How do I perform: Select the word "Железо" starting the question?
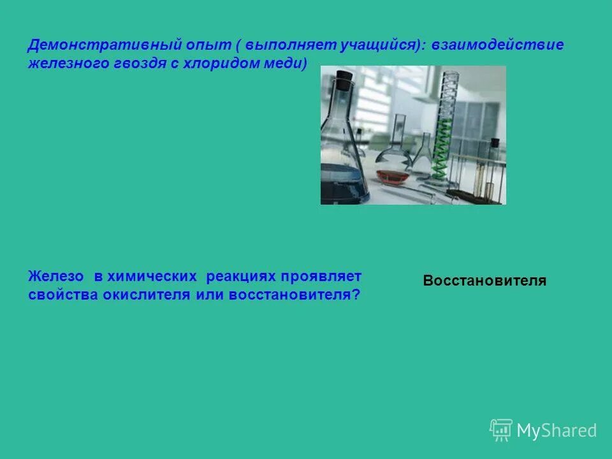click(x=56, y=277)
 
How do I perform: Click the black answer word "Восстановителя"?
click(x=484, y=280)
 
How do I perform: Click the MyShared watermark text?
click(x=557, y=431)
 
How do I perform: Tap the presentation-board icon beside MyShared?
click(x=501, y=430)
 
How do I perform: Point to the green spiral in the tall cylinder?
click(x=442, y=147)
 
